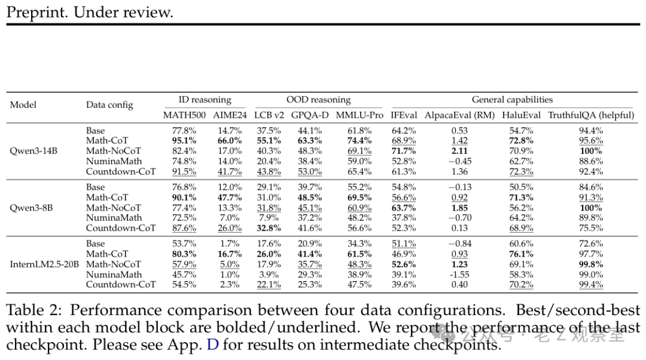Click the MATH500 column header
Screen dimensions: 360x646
pyautogui.click(x=184, y=115)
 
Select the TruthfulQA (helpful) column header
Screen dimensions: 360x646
pyautogui.click(x=591, y=115)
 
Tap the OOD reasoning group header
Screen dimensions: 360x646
pyautogui.click(x=318, y=100)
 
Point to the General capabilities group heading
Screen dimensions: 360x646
pyautogui.click(x=512, y=100)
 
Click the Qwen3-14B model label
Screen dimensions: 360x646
pyautogui.click(x=33, y=151)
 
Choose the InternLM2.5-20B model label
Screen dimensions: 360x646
pyautogui.click(x=44, y=264)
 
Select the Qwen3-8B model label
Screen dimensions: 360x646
pyautogui.click(x=31, y=208)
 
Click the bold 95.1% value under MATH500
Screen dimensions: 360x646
pyautogui.click(x=184, y=141)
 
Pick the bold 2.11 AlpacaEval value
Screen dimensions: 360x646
pyautogui.click(x=459, y=151)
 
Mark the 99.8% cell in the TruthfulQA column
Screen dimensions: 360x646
pyautogui.click(x=591, y=264)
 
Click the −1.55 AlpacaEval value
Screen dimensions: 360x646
pyautogui.click(x=459, y=274)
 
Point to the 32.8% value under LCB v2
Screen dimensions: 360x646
pyautogui.click(x=269, y=228)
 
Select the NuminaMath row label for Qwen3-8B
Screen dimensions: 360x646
pyautogui.click(x=114, y=218)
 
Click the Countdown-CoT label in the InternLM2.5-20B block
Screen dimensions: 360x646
pyautogui.click(x=121, y=284)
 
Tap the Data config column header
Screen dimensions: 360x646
pyautogui.click(x=109, y=105)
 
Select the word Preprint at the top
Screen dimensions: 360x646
pyautogui.click(x=36, y=12)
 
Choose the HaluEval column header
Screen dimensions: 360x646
pyautogui.click(x=521, y=115)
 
